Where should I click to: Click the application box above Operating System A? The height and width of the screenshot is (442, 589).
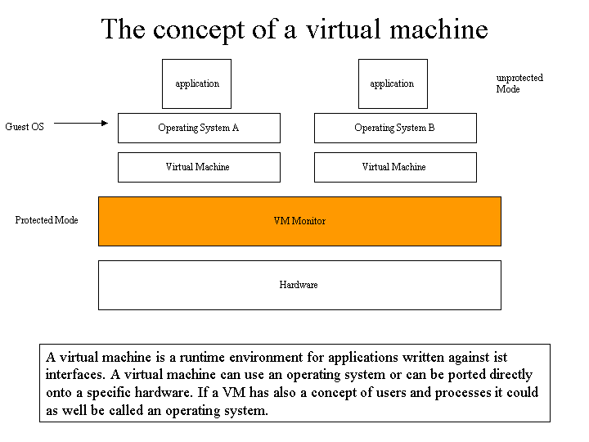(196, 83)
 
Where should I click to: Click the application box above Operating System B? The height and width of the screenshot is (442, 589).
(393, 83)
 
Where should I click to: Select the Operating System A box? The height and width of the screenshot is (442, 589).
(199, 129)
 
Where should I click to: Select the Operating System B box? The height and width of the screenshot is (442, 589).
(396, 129)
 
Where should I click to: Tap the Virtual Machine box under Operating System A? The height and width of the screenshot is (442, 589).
(199, 167)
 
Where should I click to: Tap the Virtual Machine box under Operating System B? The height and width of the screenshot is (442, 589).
(396, 167)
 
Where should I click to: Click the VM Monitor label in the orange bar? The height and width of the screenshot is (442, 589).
(299, 221)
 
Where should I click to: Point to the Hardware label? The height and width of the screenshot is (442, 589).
(299, 285)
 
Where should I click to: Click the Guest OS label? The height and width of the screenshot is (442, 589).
(25, 127)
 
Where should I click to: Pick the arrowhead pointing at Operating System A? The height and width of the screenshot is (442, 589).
(105, 123)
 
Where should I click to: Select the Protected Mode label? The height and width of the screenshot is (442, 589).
(47, 220)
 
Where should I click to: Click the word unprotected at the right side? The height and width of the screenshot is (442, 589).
(519, 79)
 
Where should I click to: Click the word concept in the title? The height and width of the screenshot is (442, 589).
(199, 30)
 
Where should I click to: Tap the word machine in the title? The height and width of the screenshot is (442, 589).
(438, 29)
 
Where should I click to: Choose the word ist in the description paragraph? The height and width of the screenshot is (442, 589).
(501, 357)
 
